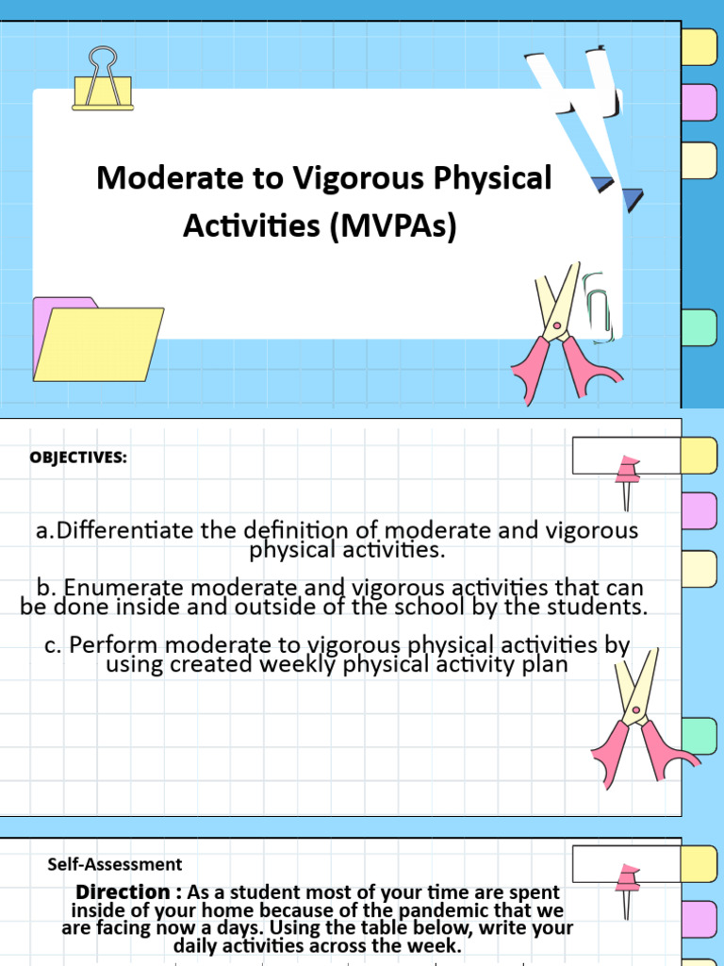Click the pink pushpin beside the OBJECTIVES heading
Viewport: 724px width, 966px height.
click(x=626, y=476)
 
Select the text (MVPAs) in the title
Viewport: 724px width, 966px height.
click(x=393, y=226)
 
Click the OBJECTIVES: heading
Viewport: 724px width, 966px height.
click(x=77, y=458)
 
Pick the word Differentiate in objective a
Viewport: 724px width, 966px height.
click(x=125, y=530)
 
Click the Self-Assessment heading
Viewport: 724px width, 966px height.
click(x=114, y=864)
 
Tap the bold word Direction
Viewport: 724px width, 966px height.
click(x=123, y=891)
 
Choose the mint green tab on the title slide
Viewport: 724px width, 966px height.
click(x=699, y=327)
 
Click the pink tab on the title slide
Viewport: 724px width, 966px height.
click(x=699, y=101)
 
